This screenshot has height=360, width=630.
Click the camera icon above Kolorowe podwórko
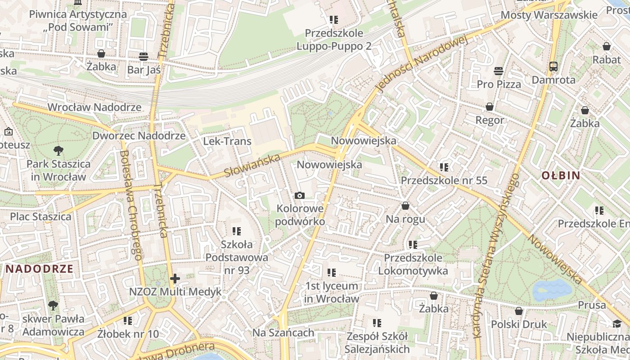point(299,195)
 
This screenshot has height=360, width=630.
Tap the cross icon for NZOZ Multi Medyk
point(175,279)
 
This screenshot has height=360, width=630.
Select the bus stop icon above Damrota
point(553,67)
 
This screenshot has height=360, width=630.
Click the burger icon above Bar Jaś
point(144,56)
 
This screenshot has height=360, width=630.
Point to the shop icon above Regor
point(490,107)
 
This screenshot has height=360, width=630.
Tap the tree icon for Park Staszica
point(58,150)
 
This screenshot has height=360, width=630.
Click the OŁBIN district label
point(561,175)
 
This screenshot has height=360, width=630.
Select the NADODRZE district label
point(39,269)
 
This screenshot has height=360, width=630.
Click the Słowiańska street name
point(252,165)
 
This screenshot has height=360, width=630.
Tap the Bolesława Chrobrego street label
point(131,205)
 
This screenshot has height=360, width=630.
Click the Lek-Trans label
point(227,141)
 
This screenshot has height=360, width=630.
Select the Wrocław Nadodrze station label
point(94,107)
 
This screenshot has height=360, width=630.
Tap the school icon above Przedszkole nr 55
point(444,167)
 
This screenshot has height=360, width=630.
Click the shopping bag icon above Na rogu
point(405,206)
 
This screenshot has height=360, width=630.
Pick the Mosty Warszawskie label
point(549,15)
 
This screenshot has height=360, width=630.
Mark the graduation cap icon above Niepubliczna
point(616,324)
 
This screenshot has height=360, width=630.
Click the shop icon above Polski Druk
point(518,311)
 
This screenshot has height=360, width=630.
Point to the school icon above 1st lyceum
point(332,272)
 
